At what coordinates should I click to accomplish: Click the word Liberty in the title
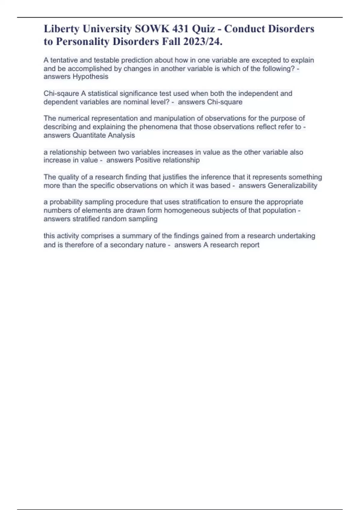tap(61, 29)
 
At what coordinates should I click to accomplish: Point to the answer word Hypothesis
tap(90, 77)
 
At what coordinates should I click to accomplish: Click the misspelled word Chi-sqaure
tap(61, 94)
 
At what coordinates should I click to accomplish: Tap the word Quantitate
tap(89, 135)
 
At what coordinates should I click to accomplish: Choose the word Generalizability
tap(292, 186)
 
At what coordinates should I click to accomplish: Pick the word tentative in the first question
tap(64, 60)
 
